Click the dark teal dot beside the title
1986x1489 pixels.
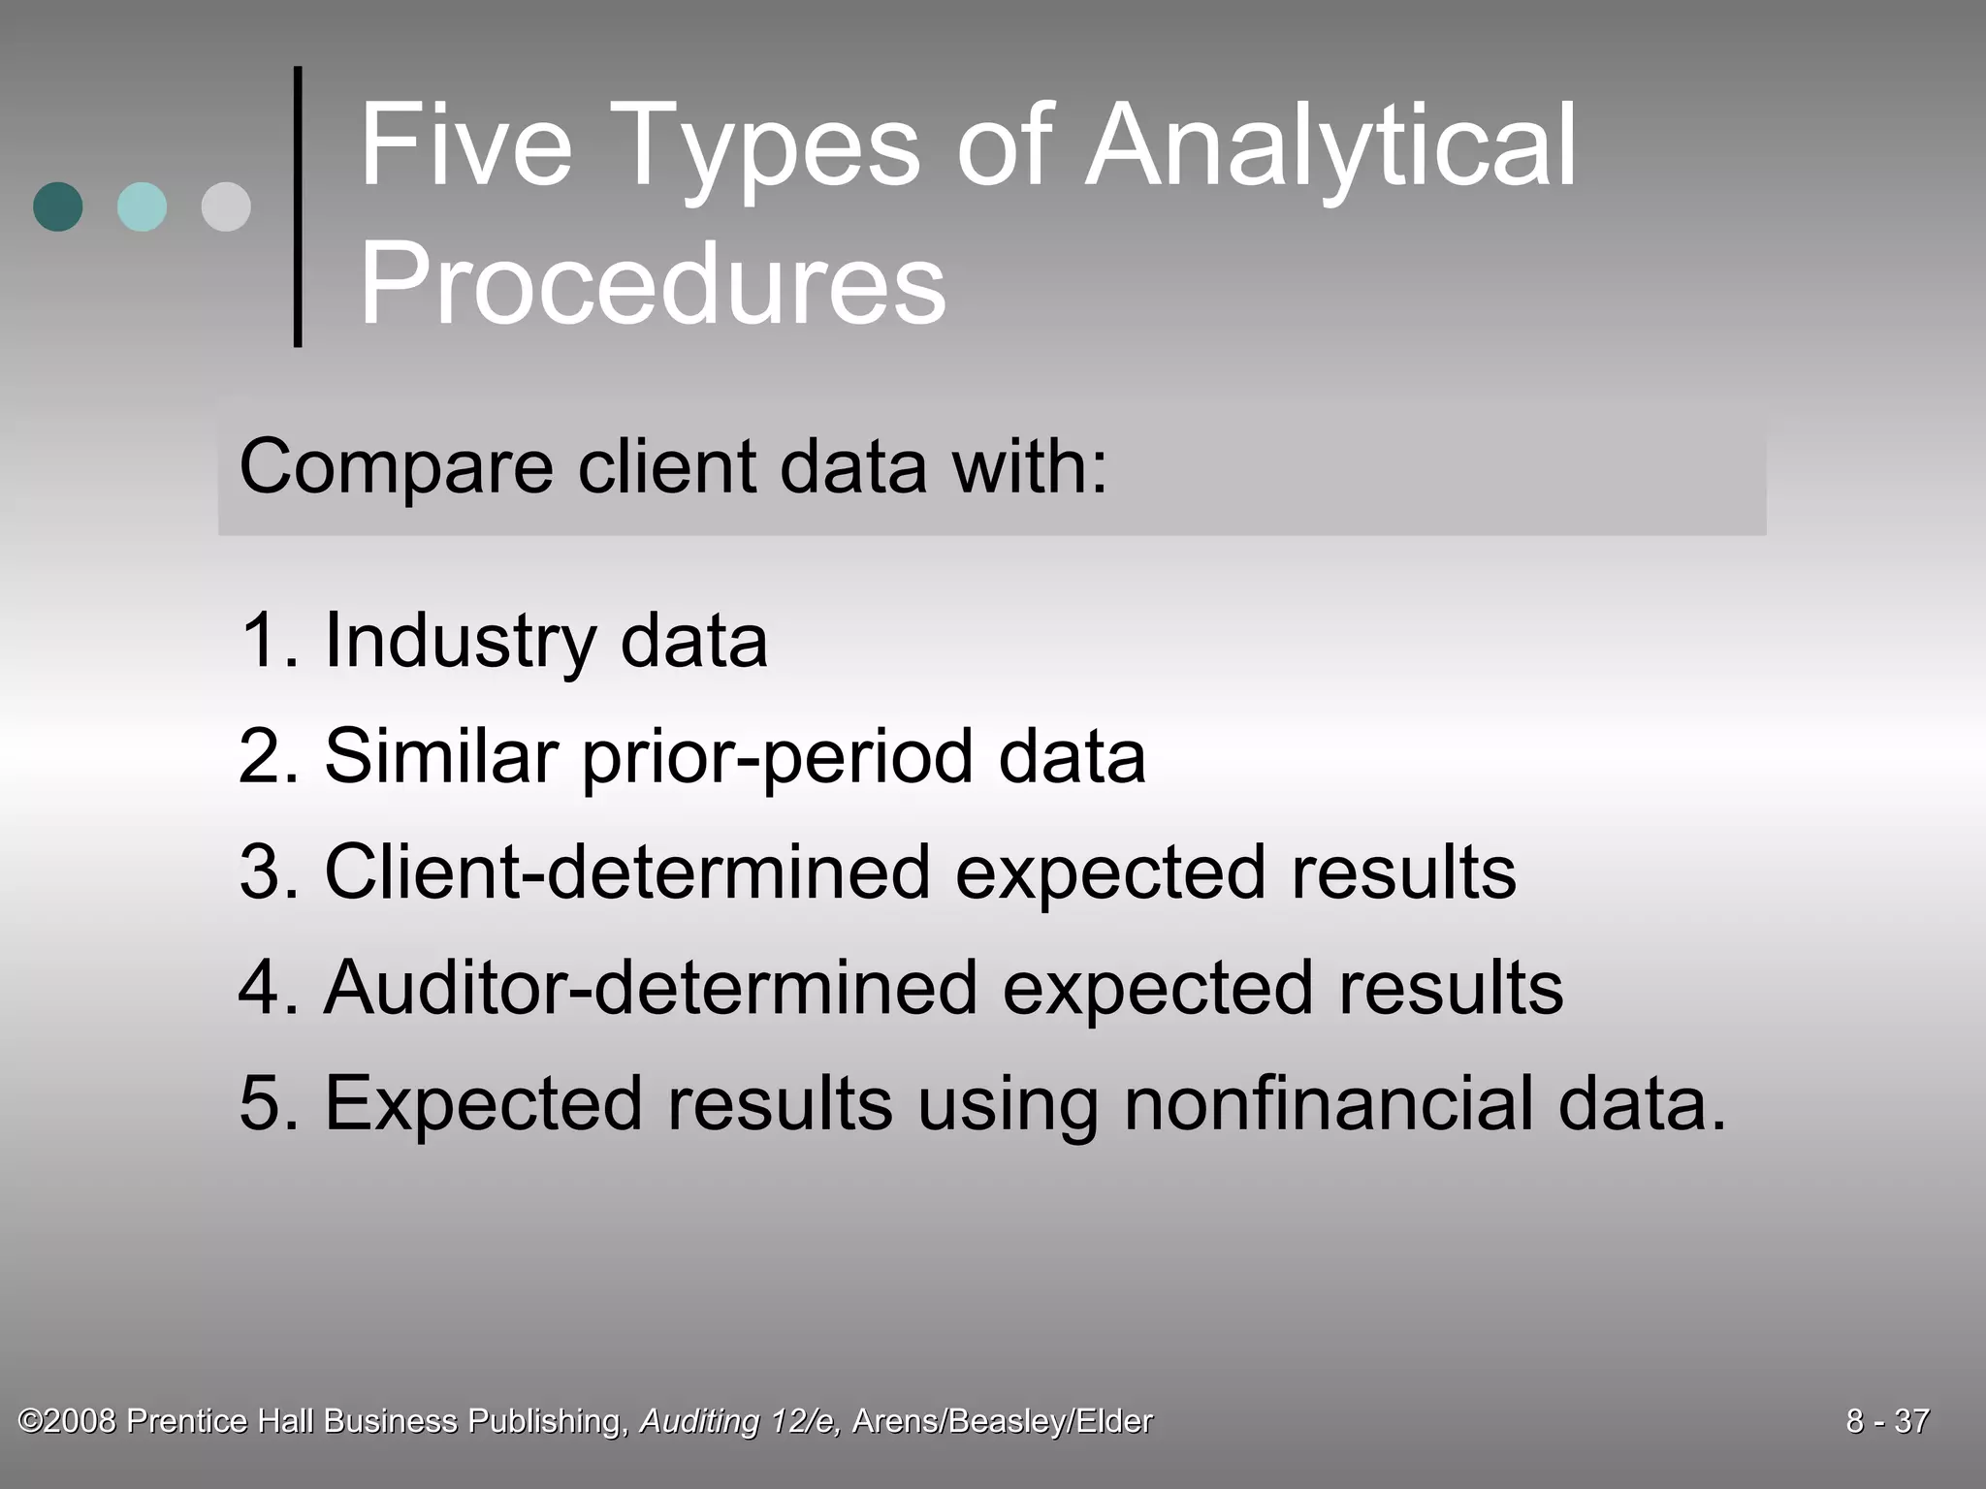pos(58,206)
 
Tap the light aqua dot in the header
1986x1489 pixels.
pos(142,206)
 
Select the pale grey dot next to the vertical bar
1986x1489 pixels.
pos(226,206)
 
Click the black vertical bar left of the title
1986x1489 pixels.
pos(298,206)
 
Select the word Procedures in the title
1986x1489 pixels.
pos(652,284)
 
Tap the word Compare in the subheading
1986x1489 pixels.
pos(396,467)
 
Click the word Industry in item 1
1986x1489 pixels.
pos(461,641)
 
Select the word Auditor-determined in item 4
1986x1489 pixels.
pos(651,988)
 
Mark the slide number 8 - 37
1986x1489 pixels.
pos(1887,1421)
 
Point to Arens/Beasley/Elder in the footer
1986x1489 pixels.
pos(1003,1421)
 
